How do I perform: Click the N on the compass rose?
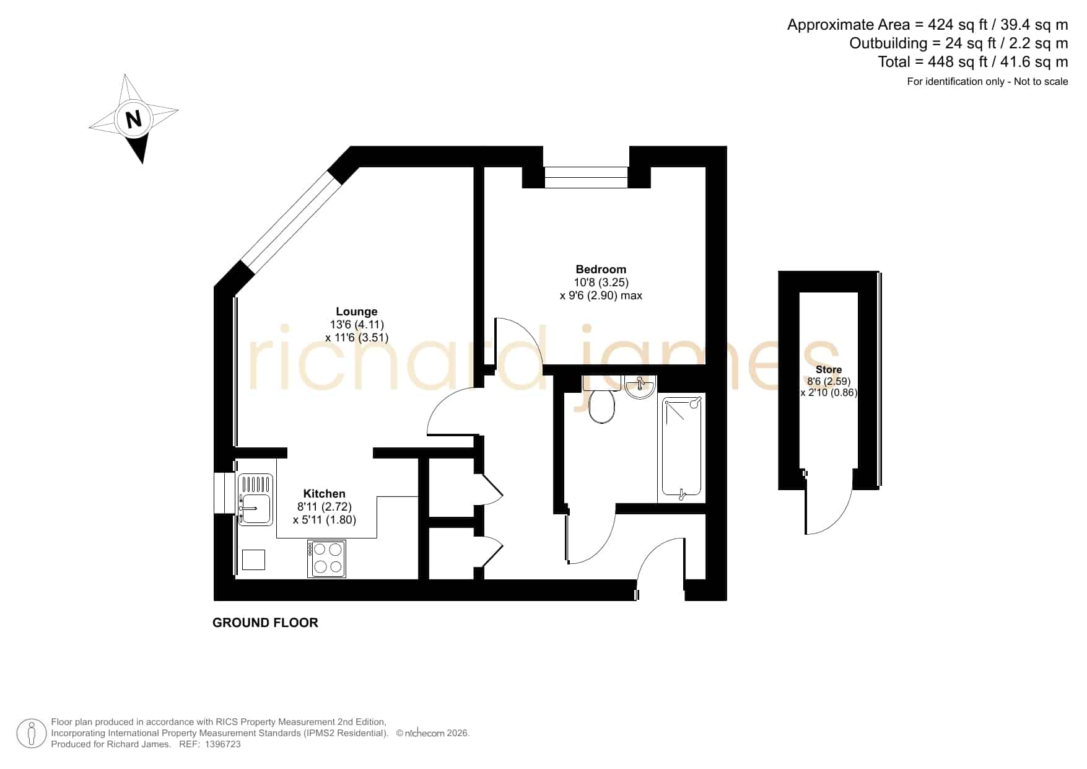point(134,118)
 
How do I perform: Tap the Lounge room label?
point(357,312)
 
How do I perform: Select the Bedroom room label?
point(601,269)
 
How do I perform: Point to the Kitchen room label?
point(325,493)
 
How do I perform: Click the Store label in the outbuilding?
point(829,369)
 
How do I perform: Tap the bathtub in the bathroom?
point(681,447)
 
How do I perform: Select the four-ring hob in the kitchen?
point(327,558)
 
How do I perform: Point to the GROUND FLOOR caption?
point(265,623)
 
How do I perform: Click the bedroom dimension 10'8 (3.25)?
point(601,283)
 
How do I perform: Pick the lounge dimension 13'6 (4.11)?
point(357,325)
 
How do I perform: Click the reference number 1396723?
point(222,744)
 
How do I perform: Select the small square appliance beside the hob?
point(253,560)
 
